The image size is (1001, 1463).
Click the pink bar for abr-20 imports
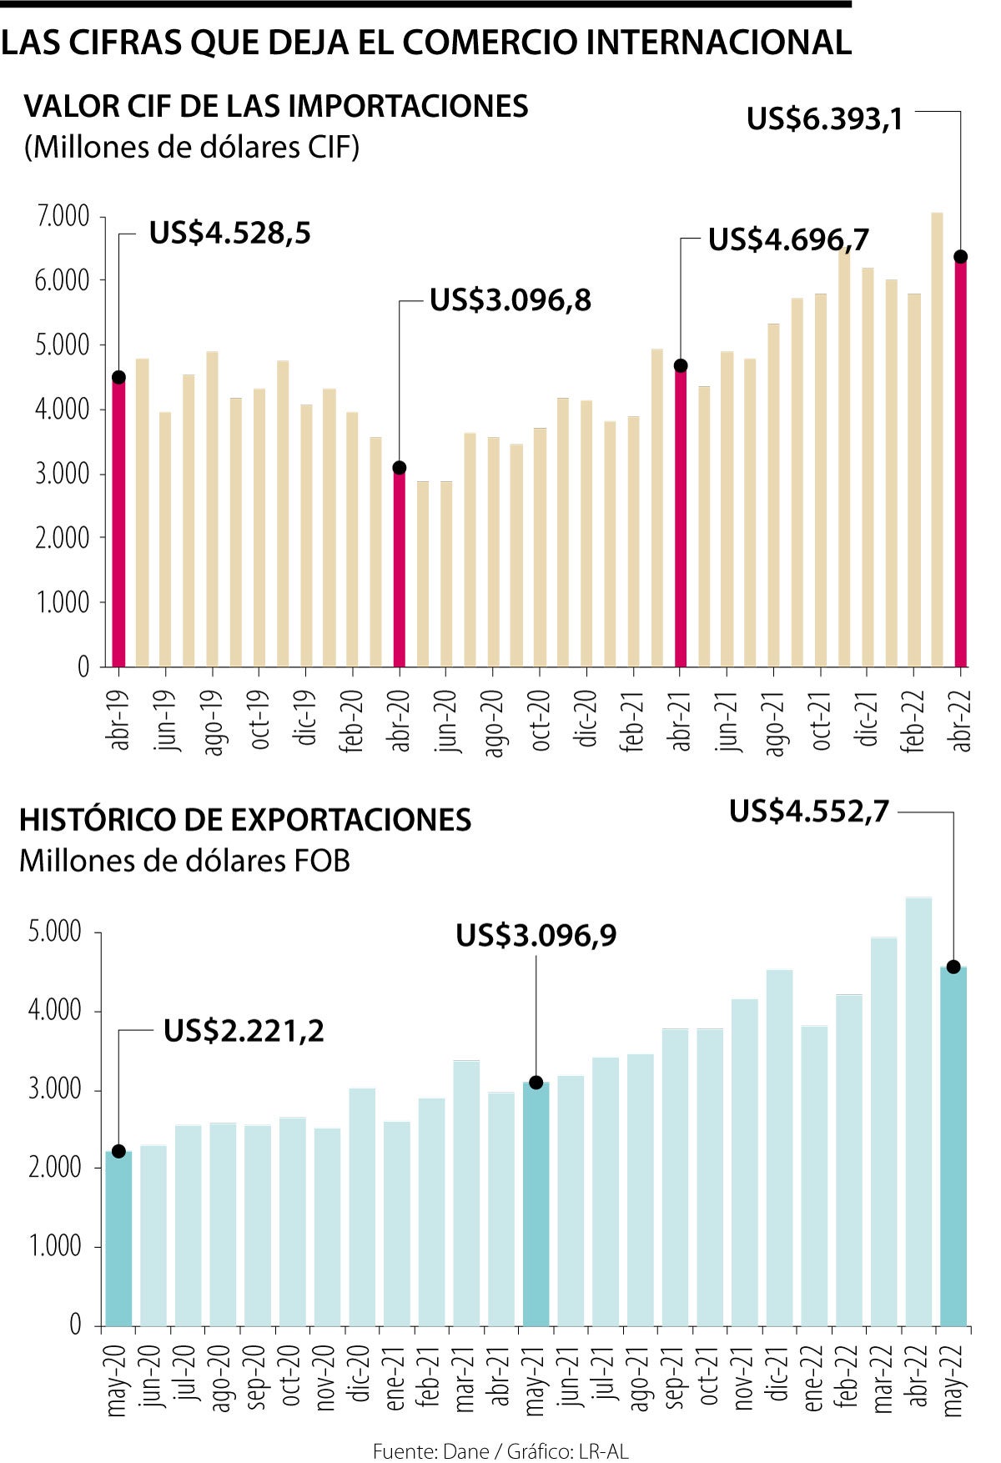pos(400,567)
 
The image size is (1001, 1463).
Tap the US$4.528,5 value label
pos(229,234)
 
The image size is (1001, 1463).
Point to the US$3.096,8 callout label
pos(510,300)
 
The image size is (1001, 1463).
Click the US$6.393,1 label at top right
pos(824,119)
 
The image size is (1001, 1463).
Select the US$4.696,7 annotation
pos(788,240)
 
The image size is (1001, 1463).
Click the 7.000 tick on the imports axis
pos(62,217)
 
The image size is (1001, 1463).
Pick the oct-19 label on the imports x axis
pos(259,719)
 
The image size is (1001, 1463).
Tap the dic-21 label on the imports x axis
pos(868,721)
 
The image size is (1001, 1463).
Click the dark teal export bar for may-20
pos(118,1238)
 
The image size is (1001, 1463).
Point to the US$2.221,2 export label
pos(244,1032)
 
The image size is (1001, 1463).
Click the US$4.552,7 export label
pos(809,812)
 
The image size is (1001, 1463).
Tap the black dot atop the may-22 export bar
pos(953,968)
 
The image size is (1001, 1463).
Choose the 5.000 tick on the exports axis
pos(55,932)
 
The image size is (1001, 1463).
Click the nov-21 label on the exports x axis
pos(744,1381)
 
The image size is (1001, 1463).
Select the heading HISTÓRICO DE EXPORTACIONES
pos(245,820)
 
